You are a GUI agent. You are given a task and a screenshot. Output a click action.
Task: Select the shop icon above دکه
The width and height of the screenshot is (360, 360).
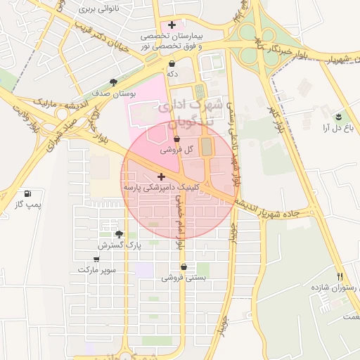172,63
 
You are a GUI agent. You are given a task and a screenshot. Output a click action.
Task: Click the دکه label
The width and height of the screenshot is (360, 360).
171,73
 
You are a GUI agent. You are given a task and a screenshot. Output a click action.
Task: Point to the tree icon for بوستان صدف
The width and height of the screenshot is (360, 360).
115,82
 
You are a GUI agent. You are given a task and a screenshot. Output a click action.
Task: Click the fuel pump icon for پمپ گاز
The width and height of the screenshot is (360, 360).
27,193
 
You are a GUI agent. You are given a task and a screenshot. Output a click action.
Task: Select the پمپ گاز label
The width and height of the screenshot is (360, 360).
29,204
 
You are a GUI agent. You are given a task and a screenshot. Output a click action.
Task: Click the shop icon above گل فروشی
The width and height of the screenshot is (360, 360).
176,139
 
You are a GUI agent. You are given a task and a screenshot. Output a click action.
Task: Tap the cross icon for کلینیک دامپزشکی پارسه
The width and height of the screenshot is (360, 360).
162,176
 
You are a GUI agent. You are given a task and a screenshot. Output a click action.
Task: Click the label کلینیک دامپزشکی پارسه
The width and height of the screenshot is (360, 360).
162,188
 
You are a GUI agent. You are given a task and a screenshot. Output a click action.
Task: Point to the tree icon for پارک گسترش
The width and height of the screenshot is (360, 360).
119,235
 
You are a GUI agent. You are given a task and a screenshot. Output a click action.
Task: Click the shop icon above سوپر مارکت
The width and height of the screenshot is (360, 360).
96,258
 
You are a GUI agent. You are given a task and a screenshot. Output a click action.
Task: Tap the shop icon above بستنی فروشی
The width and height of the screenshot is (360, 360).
184,266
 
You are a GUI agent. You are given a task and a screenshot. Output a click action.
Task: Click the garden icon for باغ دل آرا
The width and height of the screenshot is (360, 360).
340,116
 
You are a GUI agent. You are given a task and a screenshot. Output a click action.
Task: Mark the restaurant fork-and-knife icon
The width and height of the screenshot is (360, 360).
340,276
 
